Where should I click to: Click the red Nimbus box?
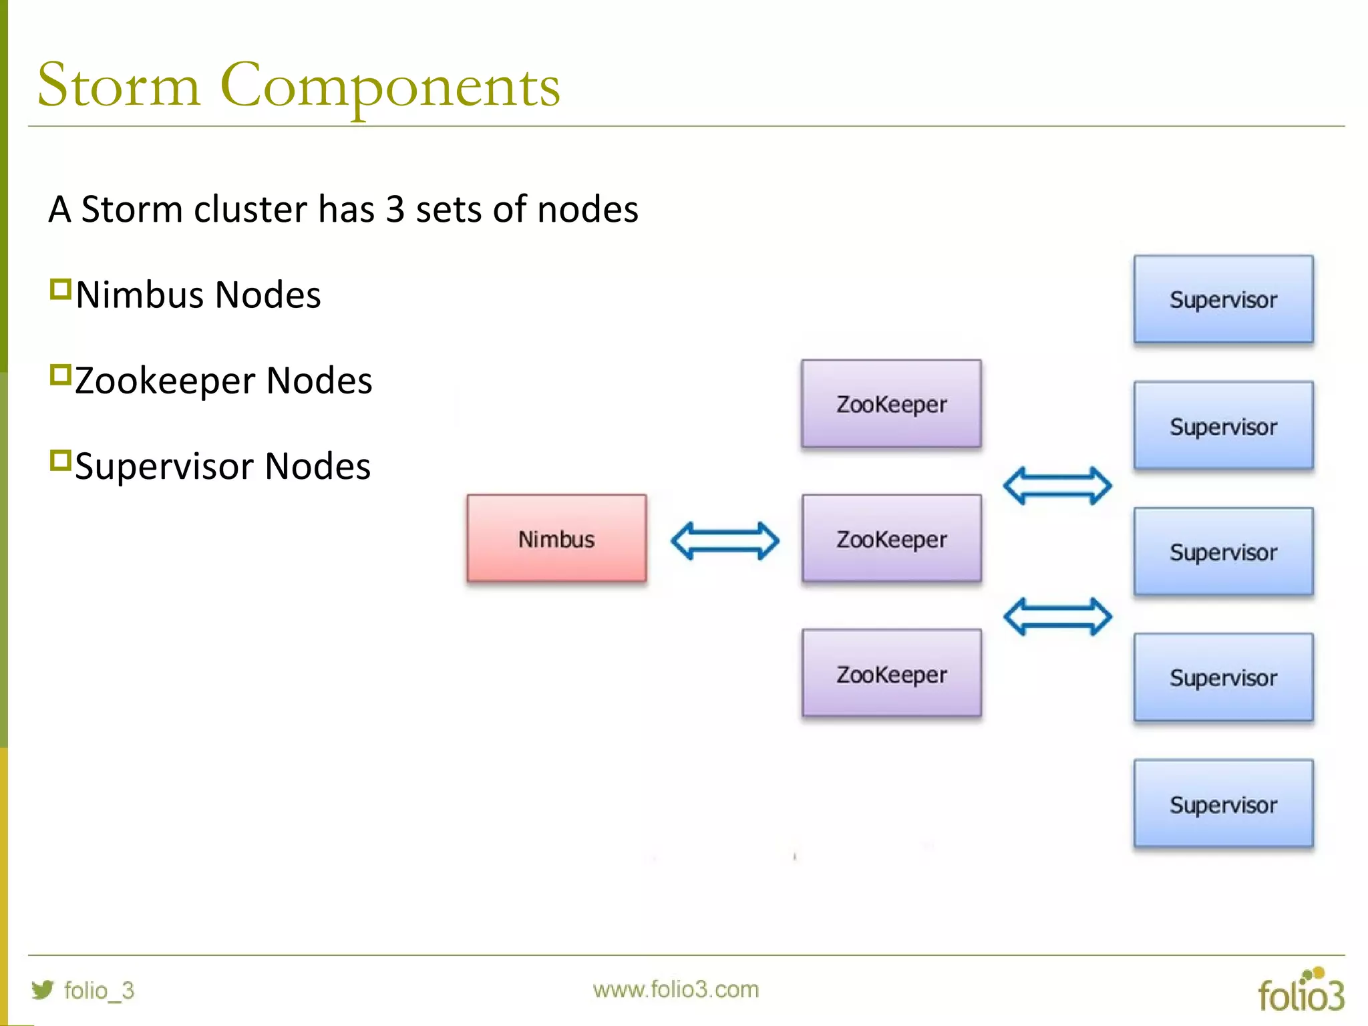[x=556, y=538]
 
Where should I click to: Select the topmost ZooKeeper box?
[x=891, y=403]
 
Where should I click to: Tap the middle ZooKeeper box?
[x=891, y=538]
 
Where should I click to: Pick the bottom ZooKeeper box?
[x=891, y=673]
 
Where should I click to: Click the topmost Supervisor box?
[x=1223, y=299]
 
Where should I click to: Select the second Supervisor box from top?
[x=1223, y=425]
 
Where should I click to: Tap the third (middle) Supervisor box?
[x=1223, y=552]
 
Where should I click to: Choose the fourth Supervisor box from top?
[x=1223, y=677]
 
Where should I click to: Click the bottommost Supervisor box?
[x=1223, y=804]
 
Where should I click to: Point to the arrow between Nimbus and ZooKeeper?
[x=725, y=540]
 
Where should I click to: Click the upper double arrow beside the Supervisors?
[x=1057, y=486]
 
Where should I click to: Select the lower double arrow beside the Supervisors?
[x=1057, y=616]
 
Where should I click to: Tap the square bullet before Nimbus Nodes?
[x=60, y=290]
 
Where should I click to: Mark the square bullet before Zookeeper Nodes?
[x=60, y=375]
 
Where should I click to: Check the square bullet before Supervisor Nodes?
[x=60, y=461]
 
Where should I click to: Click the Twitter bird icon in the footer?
[x=43, y=989]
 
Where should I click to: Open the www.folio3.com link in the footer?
[x=675, y=989]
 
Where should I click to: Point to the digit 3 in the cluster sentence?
[x=395, y=210]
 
